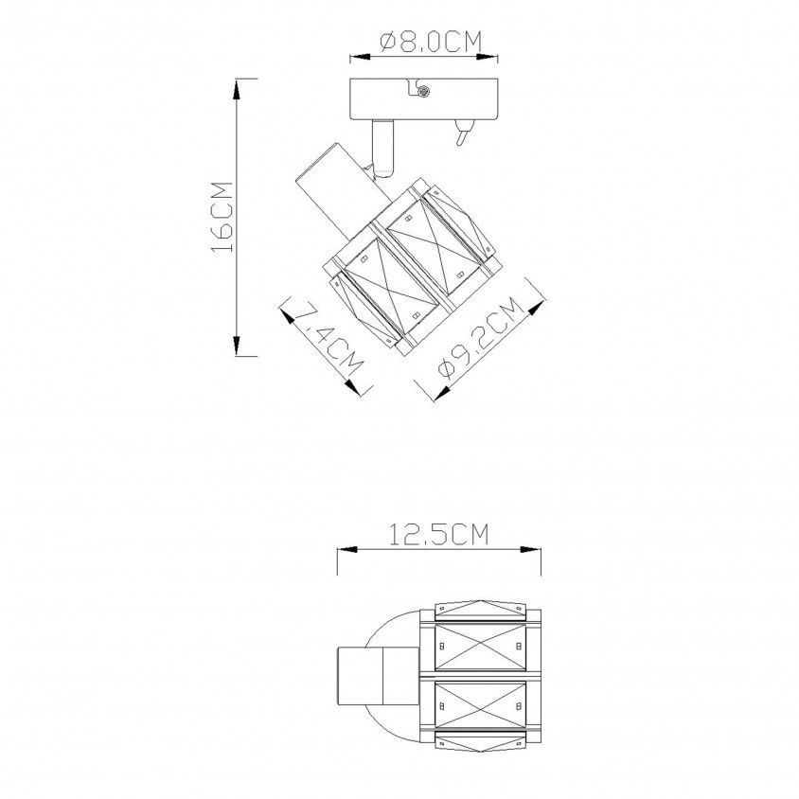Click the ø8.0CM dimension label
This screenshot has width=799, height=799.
[431, 42]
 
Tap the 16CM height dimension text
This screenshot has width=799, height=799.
[222, 217]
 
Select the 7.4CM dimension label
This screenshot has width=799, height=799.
[328, 338]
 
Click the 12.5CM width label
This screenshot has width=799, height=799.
[439, 534]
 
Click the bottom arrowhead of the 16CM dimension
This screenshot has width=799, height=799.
[237, 346]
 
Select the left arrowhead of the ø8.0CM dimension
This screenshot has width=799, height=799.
[361, 58]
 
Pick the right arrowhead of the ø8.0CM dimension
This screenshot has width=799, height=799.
[488, 58]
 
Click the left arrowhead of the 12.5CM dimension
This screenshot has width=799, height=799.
[347, 550]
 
